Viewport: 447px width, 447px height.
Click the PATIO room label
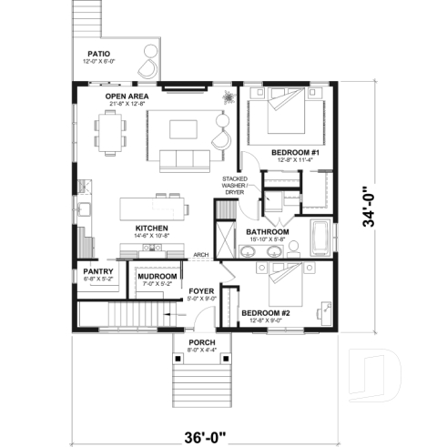click(100, 54)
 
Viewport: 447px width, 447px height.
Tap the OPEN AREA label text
click(127, 96)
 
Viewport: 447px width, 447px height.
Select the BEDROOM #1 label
click(292, 152)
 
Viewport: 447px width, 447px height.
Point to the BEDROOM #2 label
click(260, 313)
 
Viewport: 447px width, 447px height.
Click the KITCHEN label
click(151, 228)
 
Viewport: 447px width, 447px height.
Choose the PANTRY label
click(97, 271)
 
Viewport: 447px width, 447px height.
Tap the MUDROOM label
click(157, 275)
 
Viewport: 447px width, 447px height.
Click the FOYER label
click(200, 291)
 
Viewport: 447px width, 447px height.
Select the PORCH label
click(200, 343)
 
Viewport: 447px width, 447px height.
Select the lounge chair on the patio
click(146, 67)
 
